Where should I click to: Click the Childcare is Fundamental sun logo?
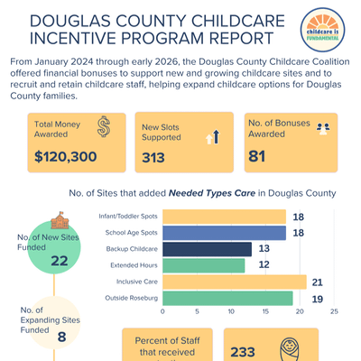coord(322,30)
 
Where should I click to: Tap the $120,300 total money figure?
coord(66,156)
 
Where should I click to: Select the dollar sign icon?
coord(104,126)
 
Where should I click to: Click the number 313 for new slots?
coord(153,158)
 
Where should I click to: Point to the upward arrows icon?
coord(213,136)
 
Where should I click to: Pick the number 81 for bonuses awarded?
coord(256,156)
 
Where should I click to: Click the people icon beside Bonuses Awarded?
coord(323,128)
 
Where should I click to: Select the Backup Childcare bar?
coord(207,249)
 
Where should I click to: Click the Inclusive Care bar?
coord(235,282)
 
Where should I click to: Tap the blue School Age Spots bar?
coord(224,233)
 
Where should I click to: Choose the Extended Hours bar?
coord(204,265)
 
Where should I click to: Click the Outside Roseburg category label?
coord(131,298)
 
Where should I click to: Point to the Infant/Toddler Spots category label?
coord(128,217)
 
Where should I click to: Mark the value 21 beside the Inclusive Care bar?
coord(317,282)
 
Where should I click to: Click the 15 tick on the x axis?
coord(265,311)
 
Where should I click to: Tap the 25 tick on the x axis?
coord(334,311)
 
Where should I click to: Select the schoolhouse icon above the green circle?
coord(60,220)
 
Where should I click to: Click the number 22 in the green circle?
coord(60,261)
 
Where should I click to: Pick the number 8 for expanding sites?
coord(61,337)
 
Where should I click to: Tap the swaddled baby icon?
coord(290,349)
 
